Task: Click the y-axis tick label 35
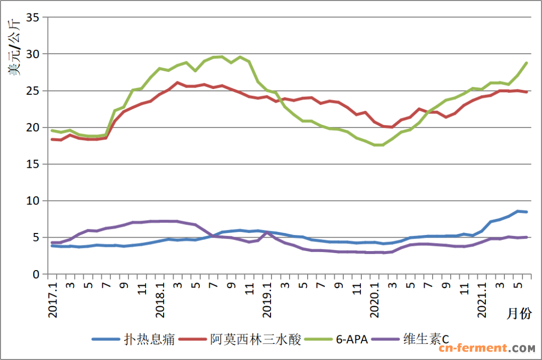pos(33,18)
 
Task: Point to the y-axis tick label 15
pos(33,164)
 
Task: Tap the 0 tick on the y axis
pos(36,275)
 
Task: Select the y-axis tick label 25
pos(33,91)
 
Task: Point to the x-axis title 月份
pos(518,314)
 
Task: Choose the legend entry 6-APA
pos(351,339)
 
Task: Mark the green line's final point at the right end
pos(526,63)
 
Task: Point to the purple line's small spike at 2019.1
pos(267,232)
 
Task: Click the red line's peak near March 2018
pos(178,82)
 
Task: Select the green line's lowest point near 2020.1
pos(379,145)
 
